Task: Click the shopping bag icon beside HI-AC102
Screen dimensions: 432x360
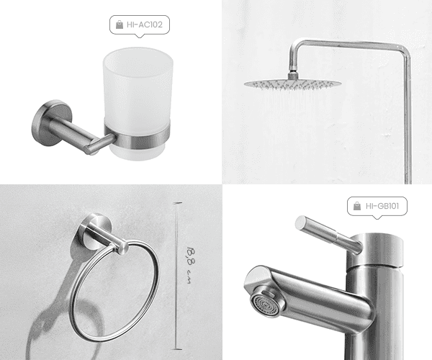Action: tap(120, 24)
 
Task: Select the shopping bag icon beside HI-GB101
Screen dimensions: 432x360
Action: tap(357, 206)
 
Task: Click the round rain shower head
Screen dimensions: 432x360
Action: tap(292, 84)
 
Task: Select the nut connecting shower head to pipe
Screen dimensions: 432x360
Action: tap(293, 75)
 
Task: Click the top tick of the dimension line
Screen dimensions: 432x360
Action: tap(177, 203)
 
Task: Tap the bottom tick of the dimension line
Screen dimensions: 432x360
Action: tap(176, 349)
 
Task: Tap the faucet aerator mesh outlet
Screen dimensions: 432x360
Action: tap(265, 305)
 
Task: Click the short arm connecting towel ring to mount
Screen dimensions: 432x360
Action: tap(106, 237)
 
